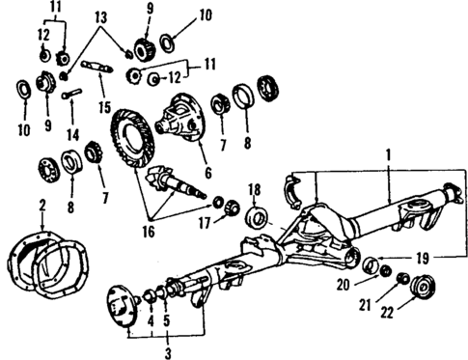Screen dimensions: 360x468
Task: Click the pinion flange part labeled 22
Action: tap(418, 288)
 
